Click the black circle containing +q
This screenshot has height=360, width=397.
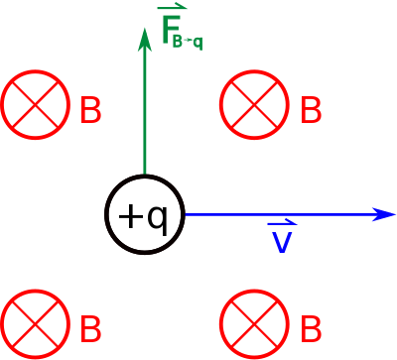pos(144,176)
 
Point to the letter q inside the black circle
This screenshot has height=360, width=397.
pos(156,220)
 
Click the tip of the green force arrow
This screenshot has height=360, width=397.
pos(145,29)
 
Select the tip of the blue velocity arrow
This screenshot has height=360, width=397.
pos(395,214)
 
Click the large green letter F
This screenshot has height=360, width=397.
pos(171,29)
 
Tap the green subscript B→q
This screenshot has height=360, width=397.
pos(188,43)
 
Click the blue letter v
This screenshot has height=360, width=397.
pos(282,242)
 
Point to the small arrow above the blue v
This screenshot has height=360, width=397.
pos(282,223)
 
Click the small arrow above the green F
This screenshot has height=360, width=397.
pos(172,8)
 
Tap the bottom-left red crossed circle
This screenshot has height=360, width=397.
pos(35,290)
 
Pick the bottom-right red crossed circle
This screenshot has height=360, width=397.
pos(254,290)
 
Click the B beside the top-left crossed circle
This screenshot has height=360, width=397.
pos(90,110)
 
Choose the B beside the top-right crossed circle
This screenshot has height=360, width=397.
pos(311,110)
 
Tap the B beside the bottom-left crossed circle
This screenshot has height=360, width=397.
pos(90,329)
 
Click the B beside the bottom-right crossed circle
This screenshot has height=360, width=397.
pos(311,329)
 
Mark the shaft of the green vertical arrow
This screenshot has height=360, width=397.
pos(145,112)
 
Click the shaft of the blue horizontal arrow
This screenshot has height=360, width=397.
pos(280,214)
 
